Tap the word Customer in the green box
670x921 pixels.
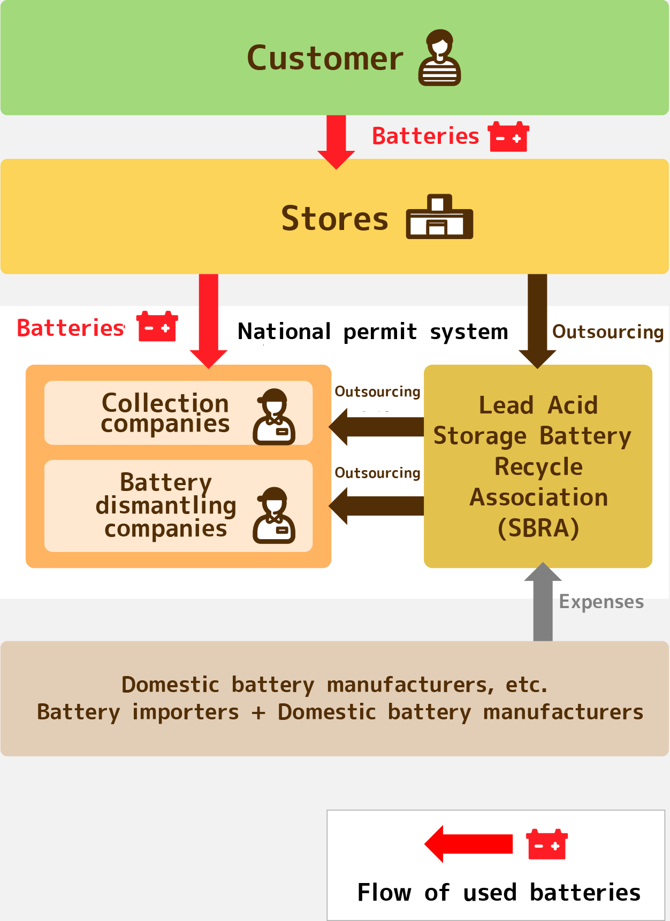tap(325, 58)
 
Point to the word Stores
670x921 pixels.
tap(334, 219)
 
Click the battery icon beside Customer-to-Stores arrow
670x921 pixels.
tap(508, 137)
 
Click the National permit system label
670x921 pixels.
tap(372, 332)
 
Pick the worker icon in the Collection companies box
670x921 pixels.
tap(274, 417)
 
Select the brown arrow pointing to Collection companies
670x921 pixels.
tap(377, 427)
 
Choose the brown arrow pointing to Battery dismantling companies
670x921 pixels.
tap(377, 506)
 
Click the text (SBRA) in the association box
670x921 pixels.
tap(538, 528)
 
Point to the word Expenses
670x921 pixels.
tap(601, 602)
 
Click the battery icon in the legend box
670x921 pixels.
tap(547, 845)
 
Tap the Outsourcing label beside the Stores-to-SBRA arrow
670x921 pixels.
tap(607, 332)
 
